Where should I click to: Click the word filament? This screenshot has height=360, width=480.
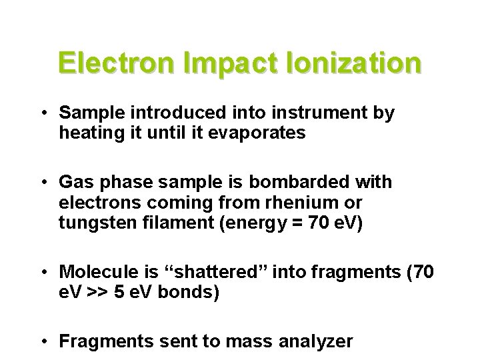pyautogui.click(x=168, y=221)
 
